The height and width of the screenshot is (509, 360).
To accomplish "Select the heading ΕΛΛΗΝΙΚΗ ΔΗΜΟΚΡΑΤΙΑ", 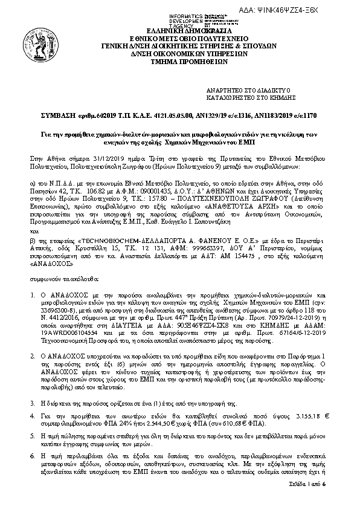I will point(180,30).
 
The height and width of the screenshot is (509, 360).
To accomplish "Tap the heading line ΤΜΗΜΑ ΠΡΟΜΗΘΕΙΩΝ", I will point(180,61).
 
